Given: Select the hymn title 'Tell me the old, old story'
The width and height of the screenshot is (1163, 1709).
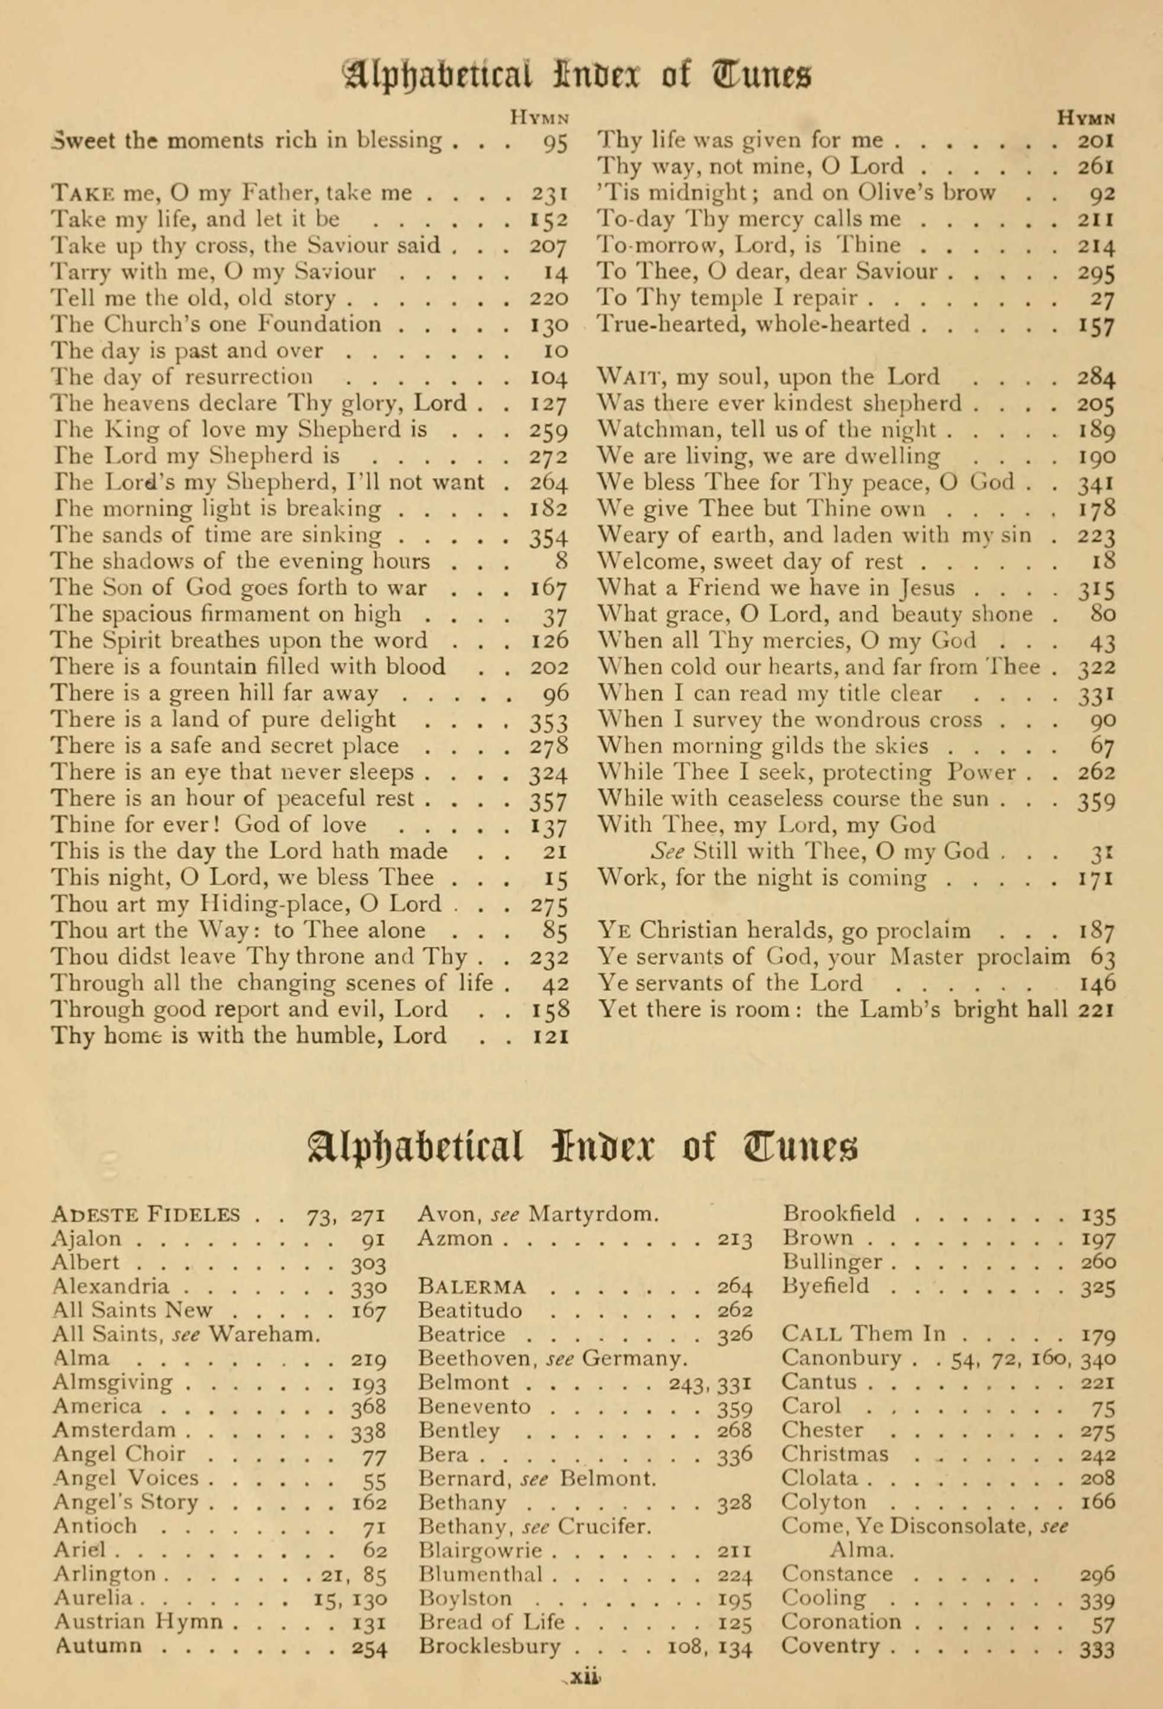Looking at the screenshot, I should (192, 298).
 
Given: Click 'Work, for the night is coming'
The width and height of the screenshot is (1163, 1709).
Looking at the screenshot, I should (762, 878).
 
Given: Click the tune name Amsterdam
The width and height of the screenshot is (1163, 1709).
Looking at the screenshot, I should (114, 1430).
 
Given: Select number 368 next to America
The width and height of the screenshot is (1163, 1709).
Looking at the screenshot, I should (369, 1407).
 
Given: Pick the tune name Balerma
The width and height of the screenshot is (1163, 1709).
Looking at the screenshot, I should (472, 1287).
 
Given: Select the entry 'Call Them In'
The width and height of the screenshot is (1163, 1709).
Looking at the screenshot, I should (864, 1334).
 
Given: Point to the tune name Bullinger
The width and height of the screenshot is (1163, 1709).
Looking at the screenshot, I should (831, 1262).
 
